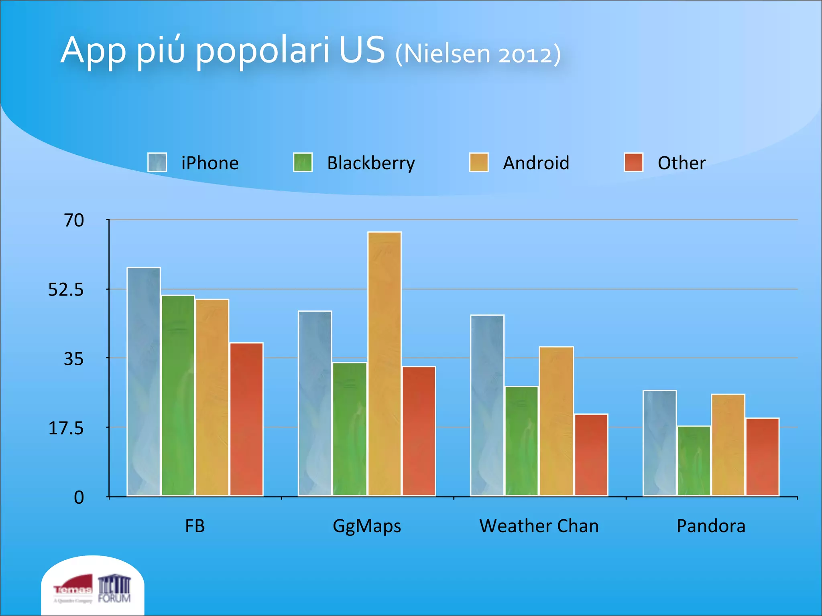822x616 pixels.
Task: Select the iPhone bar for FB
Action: [x=144, y=381]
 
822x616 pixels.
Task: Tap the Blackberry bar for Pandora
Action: [x=694, y=461]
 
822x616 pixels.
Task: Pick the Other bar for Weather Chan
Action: [x=591, y=455]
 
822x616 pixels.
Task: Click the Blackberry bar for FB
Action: [x=178, y=395]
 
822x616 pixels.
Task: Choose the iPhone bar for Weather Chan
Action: [x=487, y=405]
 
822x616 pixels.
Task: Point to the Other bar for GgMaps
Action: [x=419, y=431]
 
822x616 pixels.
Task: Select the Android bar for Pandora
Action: [x=728, y=445]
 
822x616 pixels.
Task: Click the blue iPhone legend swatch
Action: [x=157, y=162]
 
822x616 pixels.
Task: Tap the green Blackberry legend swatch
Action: [x=303, y=162]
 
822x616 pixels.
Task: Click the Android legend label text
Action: [x=536, y=163]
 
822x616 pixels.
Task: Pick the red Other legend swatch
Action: [x=633, y=162]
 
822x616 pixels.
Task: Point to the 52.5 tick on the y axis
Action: [x=66, y=290]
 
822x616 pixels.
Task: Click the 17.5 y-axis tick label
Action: [x=66, y=428]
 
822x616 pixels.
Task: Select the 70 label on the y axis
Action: [x=74, y=220]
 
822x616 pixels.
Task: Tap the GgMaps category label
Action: [x=367, y=526]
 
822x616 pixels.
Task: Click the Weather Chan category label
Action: [x=539, y=526]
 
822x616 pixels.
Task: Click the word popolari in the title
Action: [x=262, y=51]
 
